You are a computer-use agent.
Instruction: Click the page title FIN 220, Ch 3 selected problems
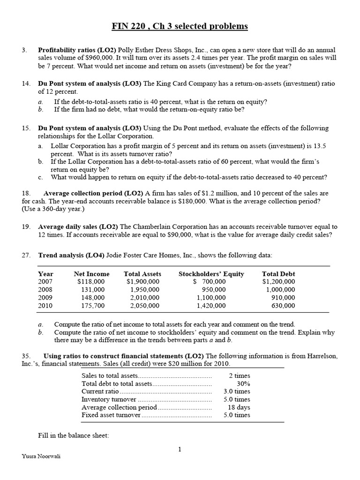click(180, 26)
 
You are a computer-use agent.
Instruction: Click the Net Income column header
click(91, 274)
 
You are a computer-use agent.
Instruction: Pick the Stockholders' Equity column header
click(211, 274)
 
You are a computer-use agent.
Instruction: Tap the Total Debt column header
click(278, 274)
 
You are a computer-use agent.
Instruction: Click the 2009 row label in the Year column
click(45, 298)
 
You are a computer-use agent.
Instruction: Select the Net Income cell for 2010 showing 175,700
click(93, 306)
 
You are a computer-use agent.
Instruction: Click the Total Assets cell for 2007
click(143, 282)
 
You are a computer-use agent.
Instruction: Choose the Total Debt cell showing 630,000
click(283, 306)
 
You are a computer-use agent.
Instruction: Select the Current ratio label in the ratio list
click(100, 391)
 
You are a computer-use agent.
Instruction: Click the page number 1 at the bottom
click(180, 450)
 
